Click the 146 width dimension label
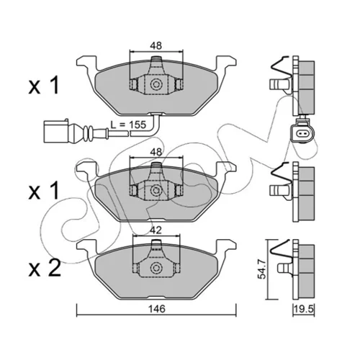click(x=156, y=309)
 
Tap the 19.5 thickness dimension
click(x=304, y=310)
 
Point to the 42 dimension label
click(x=156, y=230)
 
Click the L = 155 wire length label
click(x=128, y=125)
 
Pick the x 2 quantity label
click(x=45, y=269)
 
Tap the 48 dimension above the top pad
click(x=156, y=45)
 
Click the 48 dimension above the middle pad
click(x=156, y=152)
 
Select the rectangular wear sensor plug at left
click(x=56, y=131)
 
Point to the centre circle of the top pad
click(x=156, y=84)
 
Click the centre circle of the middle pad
click(x=156, y=191)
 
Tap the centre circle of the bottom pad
click(x=156, y=268)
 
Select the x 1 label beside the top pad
click(x=43, y=86)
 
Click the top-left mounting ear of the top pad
click(x=86, y=63)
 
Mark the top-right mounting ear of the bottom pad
click(x=226, y=246)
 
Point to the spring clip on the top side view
click(x=282, y=67)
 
